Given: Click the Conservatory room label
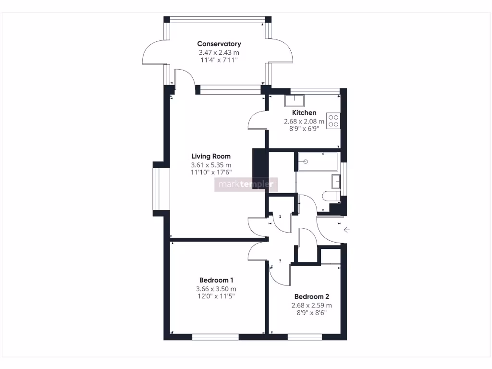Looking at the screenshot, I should click(x=219, y=44).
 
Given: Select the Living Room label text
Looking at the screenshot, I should click(x=211, y=156).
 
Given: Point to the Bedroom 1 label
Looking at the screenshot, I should click(x=216, y=280).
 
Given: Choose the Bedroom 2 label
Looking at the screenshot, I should click(x=312, y=296).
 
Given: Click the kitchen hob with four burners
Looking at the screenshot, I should click(x=333, y=120).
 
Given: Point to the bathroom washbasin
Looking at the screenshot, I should click(x=336, y=182).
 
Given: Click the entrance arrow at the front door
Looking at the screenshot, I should click(x=346, y=230).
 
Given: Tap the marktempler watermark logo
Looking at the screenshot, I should click(x=246, y=184).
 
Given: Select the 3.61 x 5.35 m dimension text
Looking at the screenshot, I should click(x=211, y=165).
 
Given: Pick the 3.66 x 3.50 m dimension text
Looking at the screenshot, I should click(x=216, y=289).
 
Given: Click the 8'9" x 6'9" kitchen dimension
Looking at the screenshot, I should click(x=304, y=129).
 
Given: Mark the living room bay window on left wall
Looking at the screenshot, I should click(x=158, y=189).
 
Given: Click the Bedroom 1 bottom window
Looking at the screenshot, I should click(x=215, y=337).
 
